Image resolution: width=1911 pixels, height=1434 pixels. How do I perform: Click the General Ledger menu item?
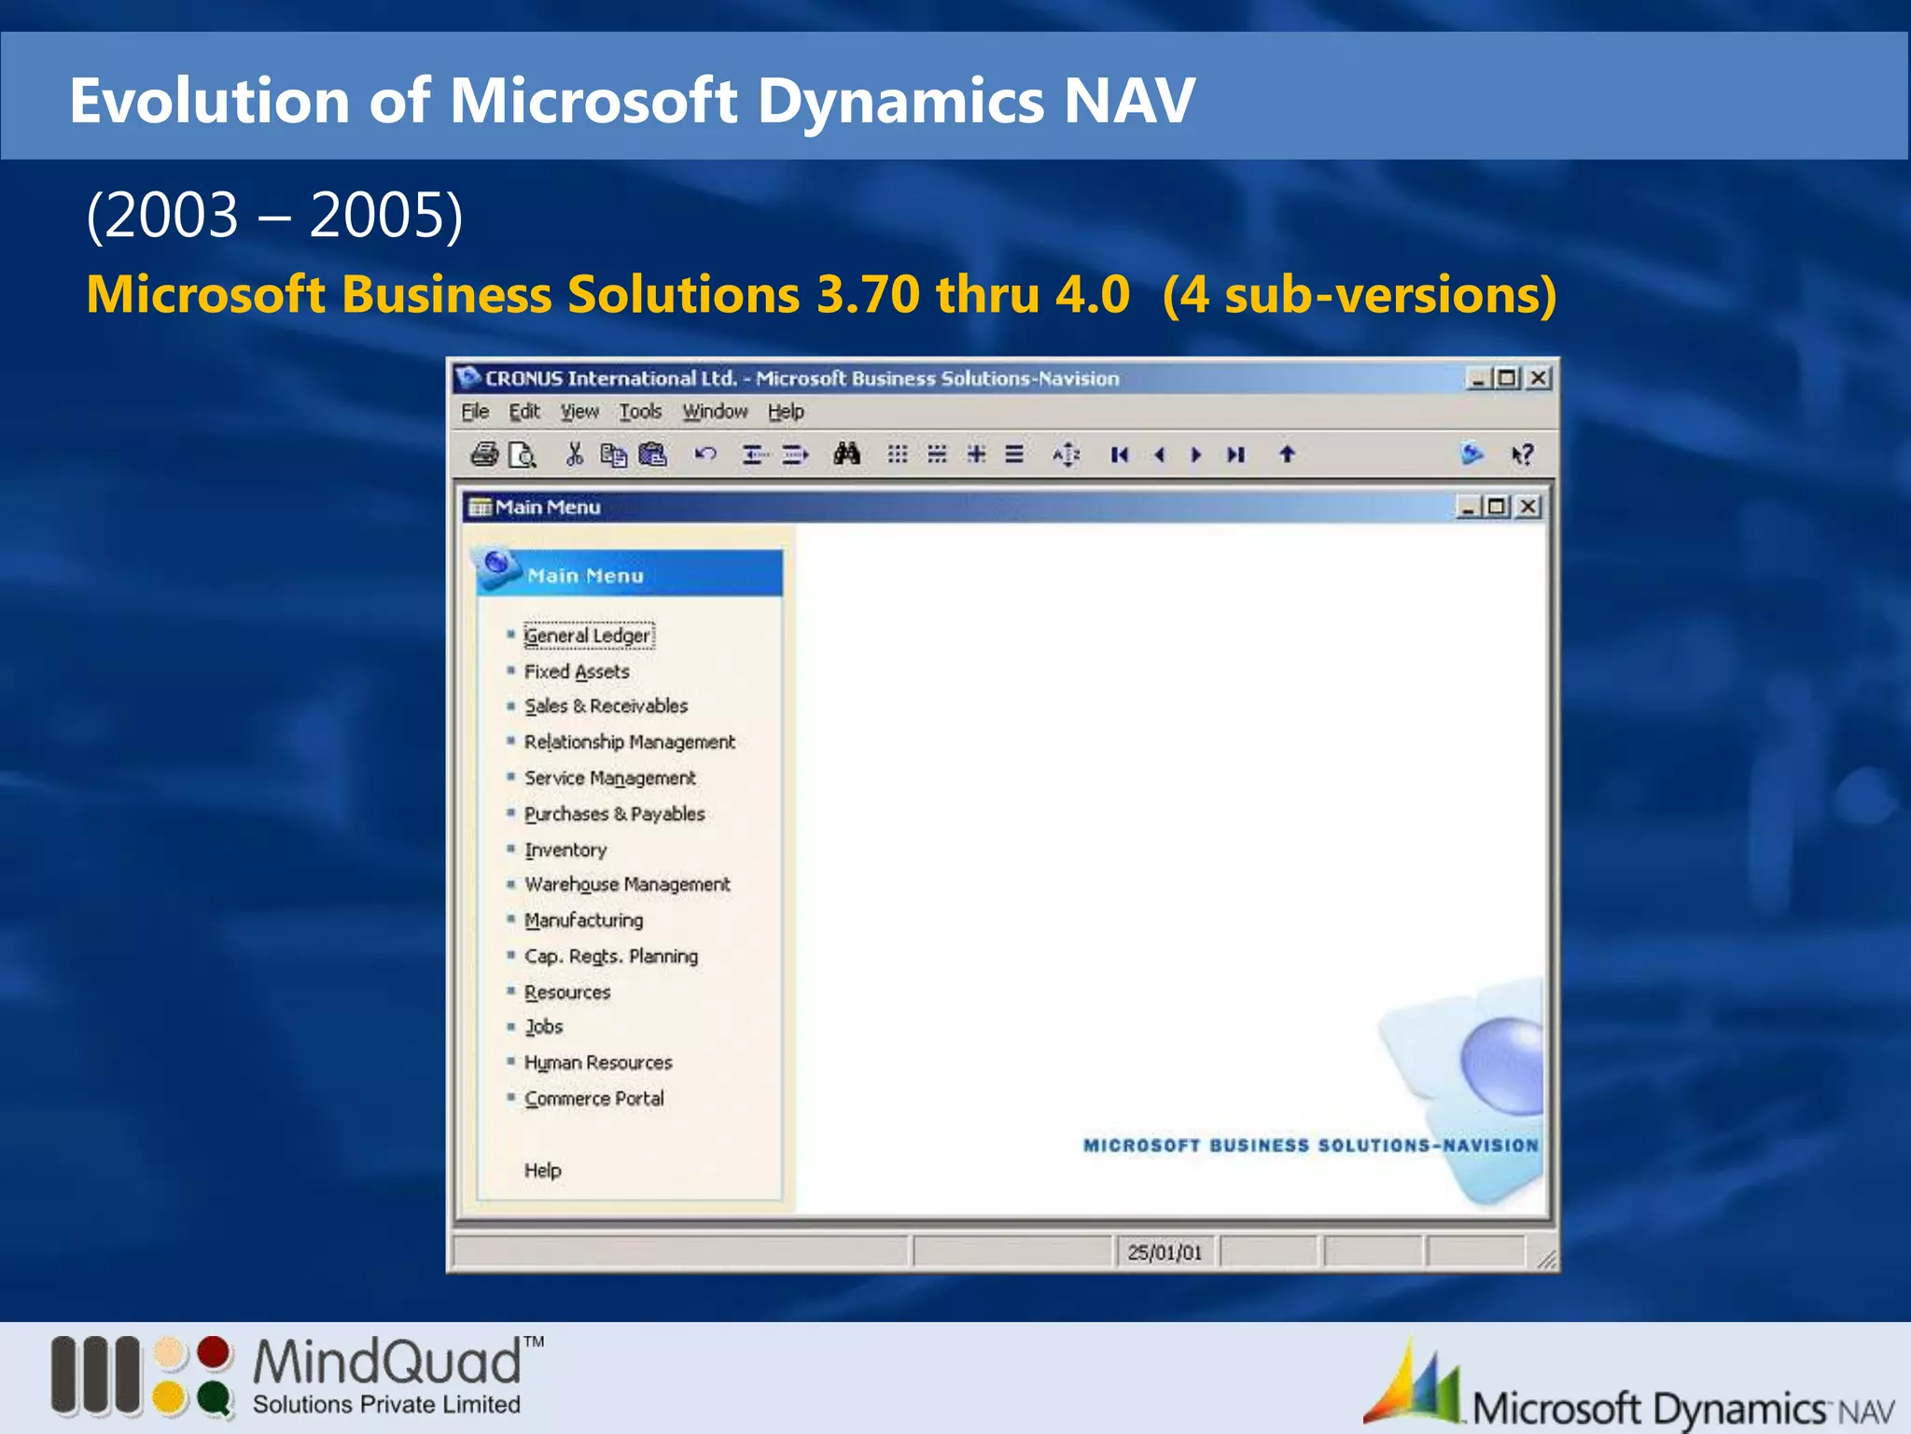click(x=587, y=636)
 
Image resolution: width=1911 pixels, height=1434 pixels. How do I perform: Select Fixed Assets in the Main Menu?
click(x=577, y=672)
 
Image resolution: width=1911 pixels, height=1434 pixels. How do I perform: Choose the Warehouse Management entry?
click(x=627, y=884)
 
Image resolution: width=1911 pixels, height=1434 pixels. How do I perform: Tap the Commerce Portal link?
click(x=594, y=1099)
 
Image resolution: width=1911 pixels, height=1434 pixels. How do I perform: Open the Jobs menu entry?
click(x=544, y=1027)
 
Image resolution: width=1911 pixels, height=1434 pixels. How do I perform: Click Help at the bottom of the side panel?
click(x=542, y=1171)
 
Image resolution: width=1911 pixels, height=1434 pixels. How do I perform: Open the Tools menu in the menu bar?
click(x=640, y=412)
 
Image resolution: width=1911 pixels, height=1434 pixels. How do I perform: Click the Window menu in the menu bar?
click(x=715, y=412)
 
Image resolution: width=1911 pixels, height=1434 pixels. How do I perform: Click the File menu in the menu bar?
click(x=475, y=412)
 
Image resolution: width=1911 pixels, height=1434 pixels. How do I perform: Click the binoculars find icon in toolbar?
click(x=847, y=455)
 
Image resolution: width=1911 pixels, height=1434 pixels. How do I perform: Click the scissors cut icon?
click(x=575, y=455)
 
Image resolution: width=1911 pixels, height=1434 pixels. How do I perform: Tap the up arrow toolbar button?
click(x=1287, y=455)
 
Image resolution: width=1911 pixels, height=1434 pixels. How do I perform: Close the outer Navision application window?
click(x=1540, y=378)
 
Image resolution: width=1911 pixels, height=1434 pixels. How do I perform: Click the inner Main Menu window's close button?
click(x=1528, y=507)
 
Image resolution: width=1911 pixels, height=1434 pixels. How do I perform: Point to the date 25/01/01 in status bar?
click(x=1165, y=1253)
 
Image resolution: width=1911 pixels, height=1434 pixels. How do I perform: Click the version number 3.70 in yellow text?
click(x=868, y=295)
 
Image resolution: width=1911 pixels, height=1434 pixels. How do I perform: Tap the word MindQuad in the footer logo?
click(x=387, y=1362)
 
